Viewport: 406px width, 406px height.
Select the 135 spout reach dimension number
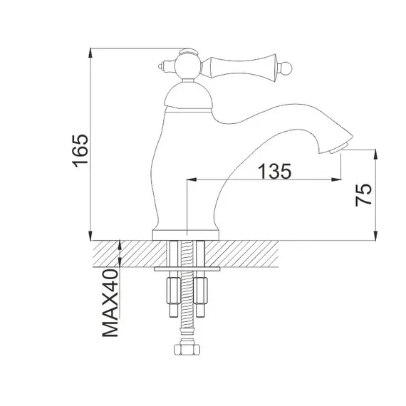pos(274,171)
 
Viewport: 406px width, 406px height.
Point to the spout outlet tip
pos(340,146)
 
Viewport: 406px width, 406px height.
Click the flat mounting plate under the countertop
pos(186,271)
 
